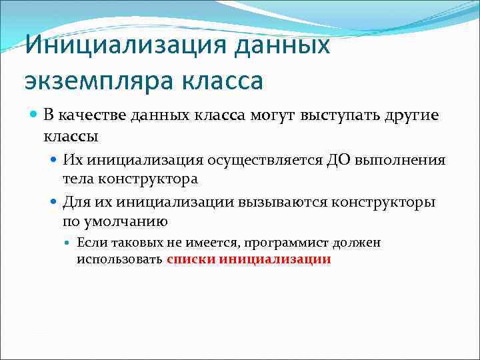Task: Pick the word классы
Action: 71,136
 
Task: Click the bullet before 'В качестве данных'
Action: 35,115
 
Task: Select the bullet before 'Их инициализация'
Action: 55,160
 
